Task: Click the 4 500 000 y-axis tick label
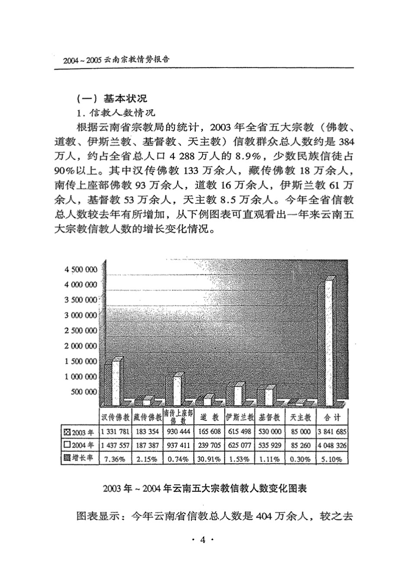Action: tap(80, 269)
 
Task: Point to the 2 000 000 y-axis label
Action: tap(80, 346)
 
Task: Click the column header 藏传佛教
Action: tap(147, 418)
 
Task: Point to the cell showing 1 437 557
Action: tap(115, 445)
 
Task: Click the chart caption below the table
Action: tap(205, 489)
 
